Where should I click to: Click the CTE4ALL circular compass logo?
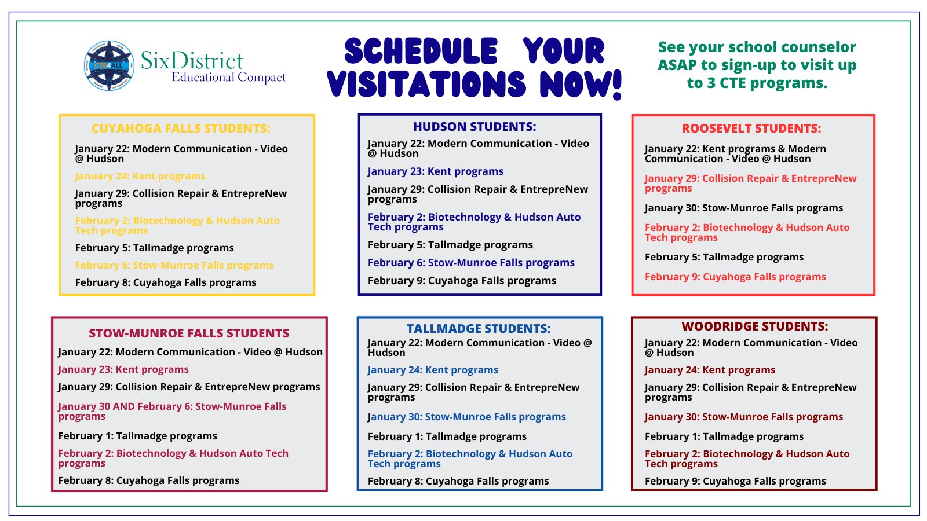coord(110,65)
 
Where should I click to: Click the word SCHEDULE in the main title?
coord(421,51)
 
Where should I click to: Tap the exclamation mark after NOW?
coord(617,85)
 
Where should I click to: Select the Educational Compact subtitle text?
coord(228,78)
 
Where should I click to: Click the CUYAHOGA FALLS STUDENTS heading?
coord(181,128)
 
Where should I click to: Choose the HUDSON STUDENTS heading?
coord(475,127)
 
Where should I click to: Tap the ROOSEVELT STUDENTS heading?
coord(751,128)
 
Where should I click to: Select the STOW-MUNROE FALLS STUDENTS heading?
coord(189,333)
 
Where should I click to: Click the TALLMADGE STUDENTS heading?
coord(479,329)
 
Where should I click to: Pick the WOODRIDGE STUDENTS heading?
coord(754,326)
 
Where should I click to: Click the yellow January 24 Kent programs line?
coord(140,176)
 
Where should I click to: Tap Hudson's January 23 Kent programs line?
coord(435,171)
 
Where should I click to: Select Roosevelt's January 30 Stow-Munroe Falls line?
coord(744,208)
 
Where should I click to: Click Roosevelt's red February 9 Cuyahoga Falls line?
coord(735,277)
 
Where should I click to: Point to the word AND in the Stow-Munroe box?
coord(123,406)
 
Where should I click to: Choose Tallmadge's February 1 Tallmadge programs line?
coord(447,436)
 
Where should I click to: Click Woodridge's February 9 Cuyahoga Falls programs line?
coord(735,481)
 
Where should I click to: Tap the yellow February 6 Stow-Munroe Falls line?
coord(174,266)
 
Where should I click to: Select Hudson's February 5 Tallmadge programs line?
coord(450,245)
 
